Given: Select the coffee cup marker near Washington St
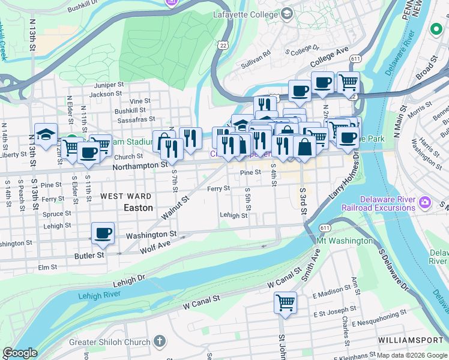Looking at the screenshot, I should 103,233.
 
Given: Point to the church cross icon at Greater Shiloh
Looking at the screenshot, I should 159,341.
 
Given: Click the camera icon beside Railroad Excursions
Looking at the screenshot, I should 425,203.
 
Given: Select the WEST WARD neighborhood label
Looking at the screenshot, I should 126,196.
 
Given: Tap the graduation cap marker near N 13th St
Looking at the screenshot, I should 46,134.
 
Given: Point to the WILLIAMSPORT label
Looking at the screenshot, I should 409,340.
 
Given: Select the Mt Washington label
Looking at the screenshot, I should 344,241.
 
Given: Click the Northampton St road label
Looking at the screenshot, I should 143,164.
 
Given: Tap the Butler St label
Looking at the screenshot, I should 89,255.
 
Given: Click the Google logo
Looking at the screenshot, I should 20,353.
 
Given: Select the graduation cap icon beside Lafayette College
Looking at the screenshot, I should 287,13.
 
